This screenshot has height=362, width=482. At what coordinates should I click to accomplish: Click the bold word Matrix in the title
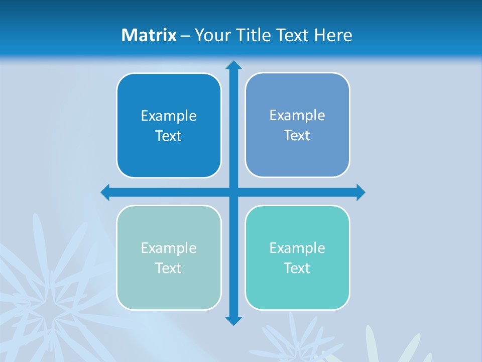click(149, 35)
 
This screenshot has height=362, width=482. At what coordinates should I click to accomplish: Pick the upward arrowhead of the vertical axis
click(233, 65)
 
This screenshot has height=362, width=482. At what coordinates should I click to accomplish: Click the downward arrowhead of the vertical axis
click(233, 320)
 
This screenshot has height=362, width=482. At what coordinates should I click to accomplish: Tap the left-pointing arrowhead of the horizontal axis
click(105, 192)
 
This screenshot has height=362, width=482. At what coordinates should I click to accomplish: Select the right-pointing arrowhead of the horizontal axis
click(360, 192)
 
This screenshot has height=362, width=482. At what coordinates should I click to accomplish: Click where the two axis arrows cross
click(233, 192)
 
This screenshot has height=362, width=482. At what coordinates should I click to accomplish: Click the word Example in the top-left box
click(169, 116)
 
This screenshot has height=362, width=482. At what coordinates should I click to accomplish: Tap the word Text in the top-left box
click(169, 136)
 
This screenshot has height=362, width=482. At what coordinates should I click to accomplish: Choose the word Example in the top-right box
click(297, 116)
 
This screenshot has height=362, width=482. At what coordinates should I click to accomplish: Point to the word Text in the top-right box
click(297, 136)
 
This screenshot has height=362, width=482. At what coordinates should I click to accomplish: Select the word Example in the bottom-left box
click(169, 248)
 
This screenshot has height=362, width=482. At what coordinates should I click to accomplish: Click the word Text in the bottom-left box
click(169, 268)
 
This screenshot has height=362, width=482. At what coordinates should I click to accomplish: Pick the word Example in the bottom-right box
click(297, 248)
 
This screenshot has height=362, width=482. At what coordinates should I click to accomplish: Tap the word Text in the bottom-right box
click(297, 268)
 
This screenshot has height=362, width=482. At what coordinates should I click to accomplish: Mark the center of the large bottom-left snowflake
click(48, 314)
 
